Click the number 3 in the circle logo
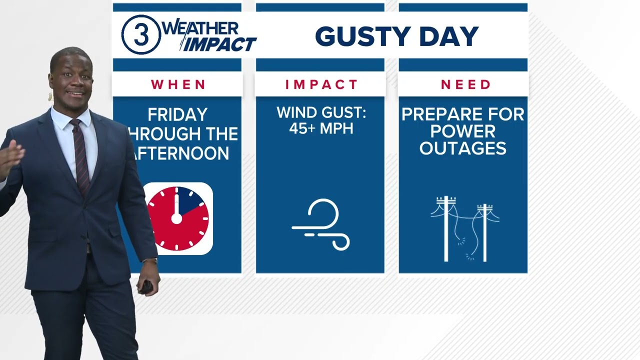[141, 35]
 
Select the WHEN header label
[178, 84]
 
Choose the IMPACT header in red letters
[321, 84]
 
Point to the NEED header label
[465, 84]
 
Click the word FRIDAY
[177, 115]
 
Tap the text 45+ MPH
[321, 128]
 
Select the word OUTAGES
[463, 148]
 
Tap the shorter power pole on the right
[484, 232]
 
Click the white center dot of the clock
[176, 218]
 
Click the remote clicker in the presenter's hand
[146, 286]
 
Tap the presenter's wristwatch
[150, 261]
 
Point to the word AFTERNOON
[181, 153]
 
